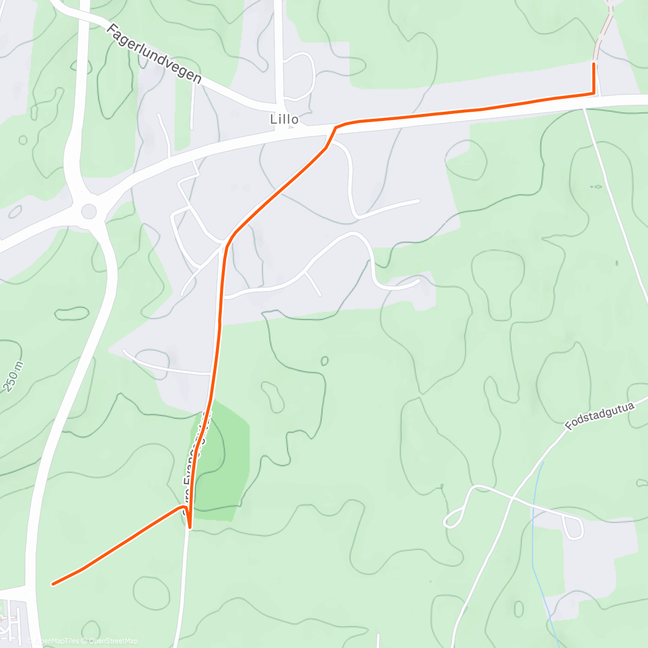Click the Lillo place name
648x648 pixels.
point(284,119)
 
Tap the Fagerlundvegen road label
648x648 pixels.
point(154,53)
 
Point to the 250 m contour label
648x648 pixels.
point(15,376)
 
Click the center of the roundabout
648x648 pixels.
point(89,211)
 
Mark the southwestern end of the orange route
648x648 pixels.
point(52,584)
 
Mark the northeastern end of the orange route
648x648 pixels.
point(594,64)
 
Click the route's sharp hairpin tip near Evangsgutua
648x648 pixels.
point(190,526)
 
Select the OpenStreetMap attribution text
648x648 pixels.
point(113,641)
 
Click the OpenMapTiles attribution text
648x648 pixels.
point(57,641)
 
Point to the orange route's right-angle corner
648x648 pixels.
point(594,93)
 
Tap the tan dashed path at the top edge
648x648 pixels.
point(604,30)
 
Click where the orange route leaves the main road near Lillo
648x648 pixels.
point(336,127)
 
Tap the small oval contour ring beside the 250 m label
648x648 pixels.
point(71,313)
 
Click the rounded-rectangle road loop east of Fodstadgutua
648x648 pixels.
point(572,527)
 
